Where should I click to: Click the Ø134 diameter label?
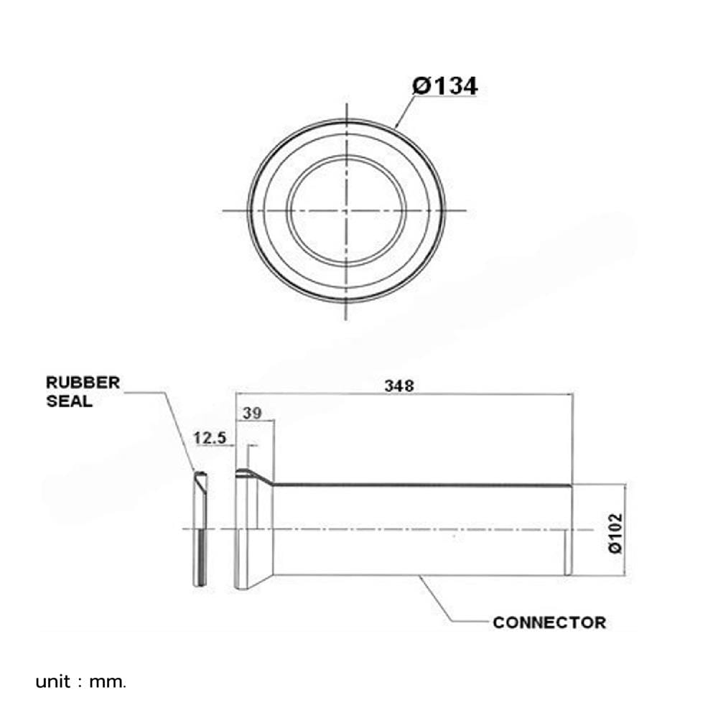tap(444, 85)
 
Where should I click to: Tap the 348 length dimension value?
tap(399, 386)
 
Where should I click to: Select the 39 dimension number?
tap(252, 413)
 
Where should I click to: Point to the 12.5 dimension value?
tap(210, 438)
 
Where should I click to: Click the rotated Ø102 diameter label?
tap(615, 533)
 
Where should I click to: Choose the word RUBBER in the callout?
tap(83, 383)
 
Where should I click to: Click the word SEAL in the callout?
tap(69, 401)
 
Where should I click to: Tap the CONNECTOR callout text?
tap(549, 623)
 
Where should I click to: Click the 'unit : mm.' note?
tap(80, 682)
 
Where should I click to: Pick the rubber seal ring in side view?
tap(200, 529)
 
